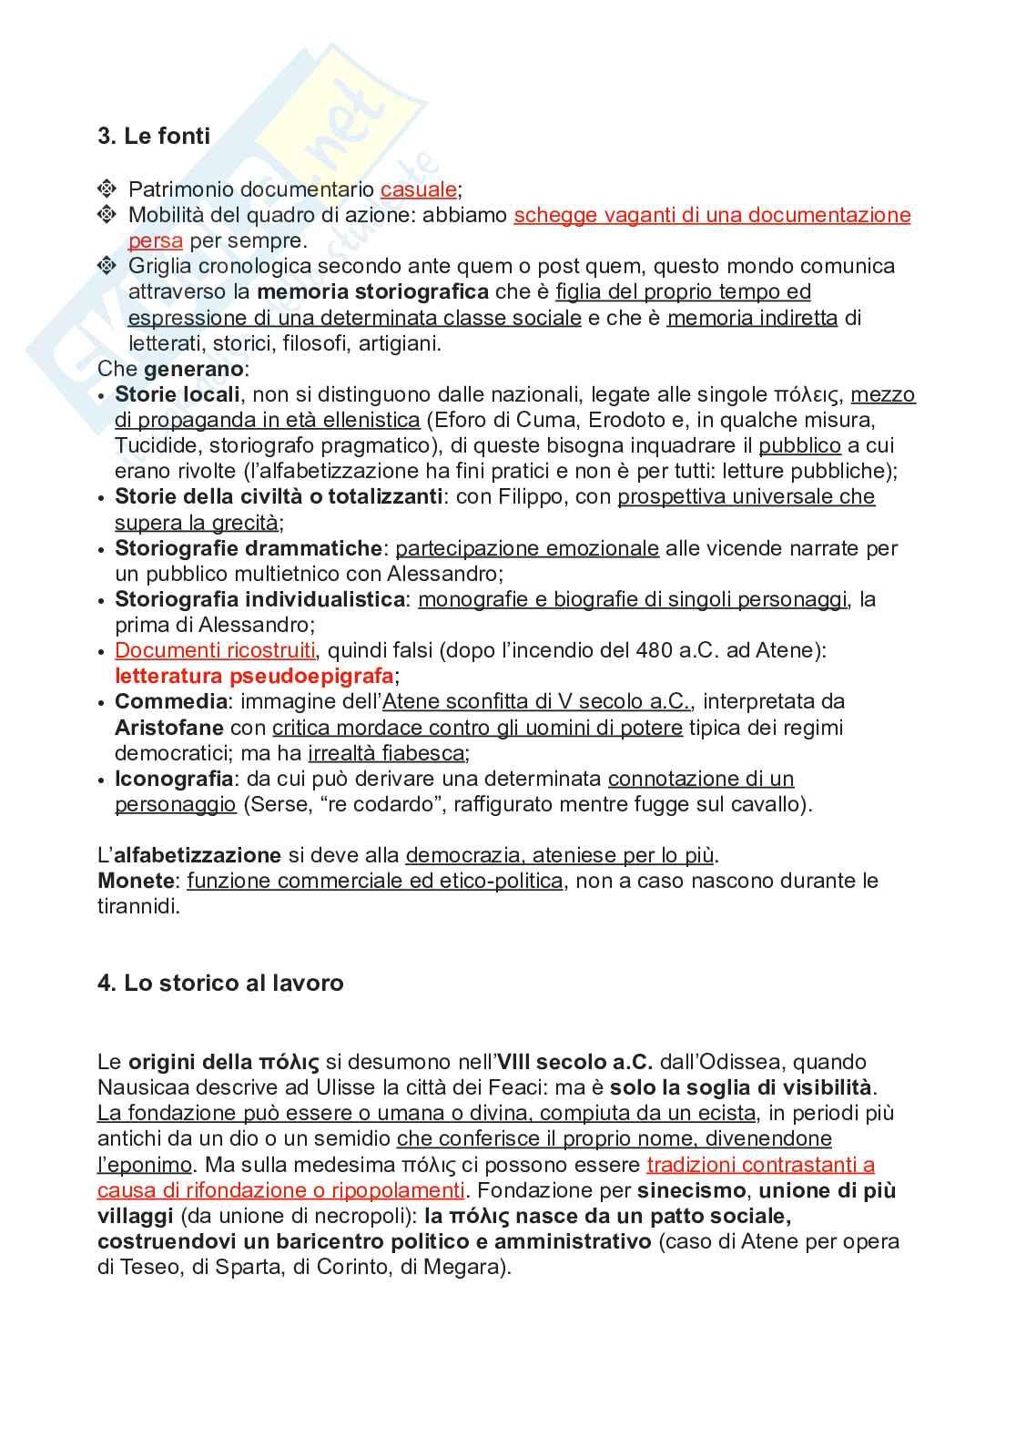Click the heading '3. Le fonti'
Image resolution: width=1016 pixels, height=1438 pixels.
click(154, 137)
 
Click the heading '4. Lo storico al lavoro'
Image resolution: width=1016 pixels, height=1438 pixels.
click(220, 984)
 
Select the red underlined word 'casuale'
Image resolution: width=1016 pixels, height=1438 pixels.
click(418, 189)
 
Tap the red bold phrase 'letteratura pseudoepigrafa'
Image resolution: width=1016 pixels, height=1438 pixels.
click(254, 676)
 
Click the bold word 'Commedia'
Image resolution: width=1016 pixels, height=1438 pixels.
click(171, 701)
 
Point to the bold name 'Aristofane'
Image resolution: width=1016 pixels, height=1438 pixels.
click(169, 728)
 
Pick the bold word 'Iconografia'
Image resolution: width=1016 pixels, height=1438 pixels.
click(174, 779)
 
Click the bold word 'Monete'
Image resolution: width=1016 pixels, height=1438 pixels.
click(136, 881)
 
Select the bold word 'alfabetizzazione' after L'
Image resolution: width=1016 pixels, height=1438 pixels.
click(198, 855)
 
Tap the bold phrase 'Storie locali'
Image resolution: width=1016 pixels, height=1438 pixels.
click(178, 394)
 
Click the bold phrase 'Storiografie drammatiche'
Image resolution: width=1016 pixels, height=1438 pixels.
click(248, 548)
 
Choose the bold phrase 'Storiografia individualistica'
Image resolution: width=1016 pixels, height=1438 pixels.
click(259, 599)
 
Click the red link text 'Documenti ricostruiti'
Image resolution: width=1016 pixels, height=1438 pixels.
click(215, 650)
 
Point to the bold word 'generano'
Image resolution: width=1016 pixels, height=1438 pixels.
click(193, 369)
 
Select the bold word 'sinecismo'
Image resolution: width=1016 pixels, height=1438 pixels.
click(692, 1190)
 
